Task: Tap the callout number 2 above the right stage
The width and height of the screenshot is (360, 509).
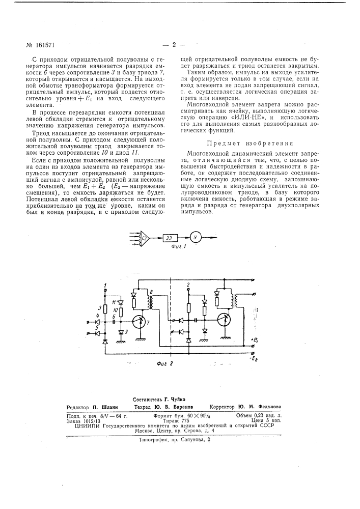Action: pos(189,283)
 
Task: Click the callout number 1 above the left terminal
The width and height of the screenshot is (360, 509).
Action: pos(105,284)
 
